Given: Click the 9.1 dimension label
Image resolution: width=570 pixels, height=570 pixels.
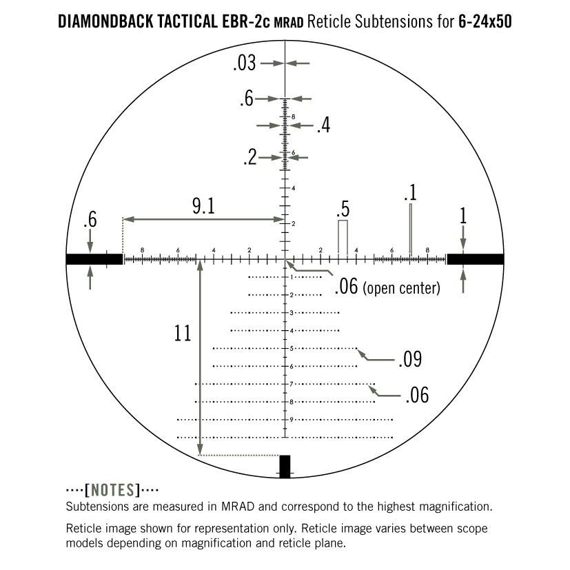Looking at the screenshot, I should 203,206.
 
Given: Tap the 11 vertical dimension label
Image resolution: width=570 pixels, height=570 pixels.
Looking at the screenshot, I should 182,334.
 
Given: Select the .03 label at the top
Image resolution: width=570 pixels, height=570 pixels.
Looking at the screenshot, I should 245,63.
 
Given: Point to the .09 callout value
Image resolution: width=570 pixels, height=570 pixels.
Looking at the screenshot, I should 409,359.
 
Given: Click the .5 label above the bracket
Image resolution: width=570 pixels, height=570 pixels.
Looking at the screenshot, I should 342,210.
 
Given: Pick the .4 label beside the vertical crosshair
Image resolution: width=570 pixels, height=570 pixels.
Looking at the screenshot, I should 323,126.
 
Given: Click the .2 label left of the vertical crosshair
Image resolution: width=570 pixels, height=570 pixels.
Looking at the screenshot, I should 250,158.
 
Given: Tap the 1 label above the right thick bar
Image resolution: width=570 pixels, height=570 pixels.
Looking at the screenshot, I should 463,216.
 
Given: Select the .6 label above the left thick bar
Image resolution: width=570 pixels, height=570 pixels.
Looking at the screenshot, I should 90,221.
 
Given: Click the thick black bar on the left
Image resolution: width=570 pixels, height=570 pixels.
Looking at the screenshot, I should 94,259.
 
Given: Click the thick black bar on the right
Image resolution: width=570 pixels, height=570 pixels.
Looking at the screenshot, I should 475,259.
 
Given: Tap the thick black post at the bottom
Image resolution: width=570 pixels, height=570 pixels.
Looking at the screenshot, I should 285,465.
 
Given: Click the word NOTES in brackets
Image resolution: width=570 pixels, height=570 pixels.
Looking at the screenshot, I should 112,491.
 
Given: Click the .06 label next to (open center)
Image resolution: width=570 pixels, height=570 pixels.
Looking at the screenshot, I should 346,286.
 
